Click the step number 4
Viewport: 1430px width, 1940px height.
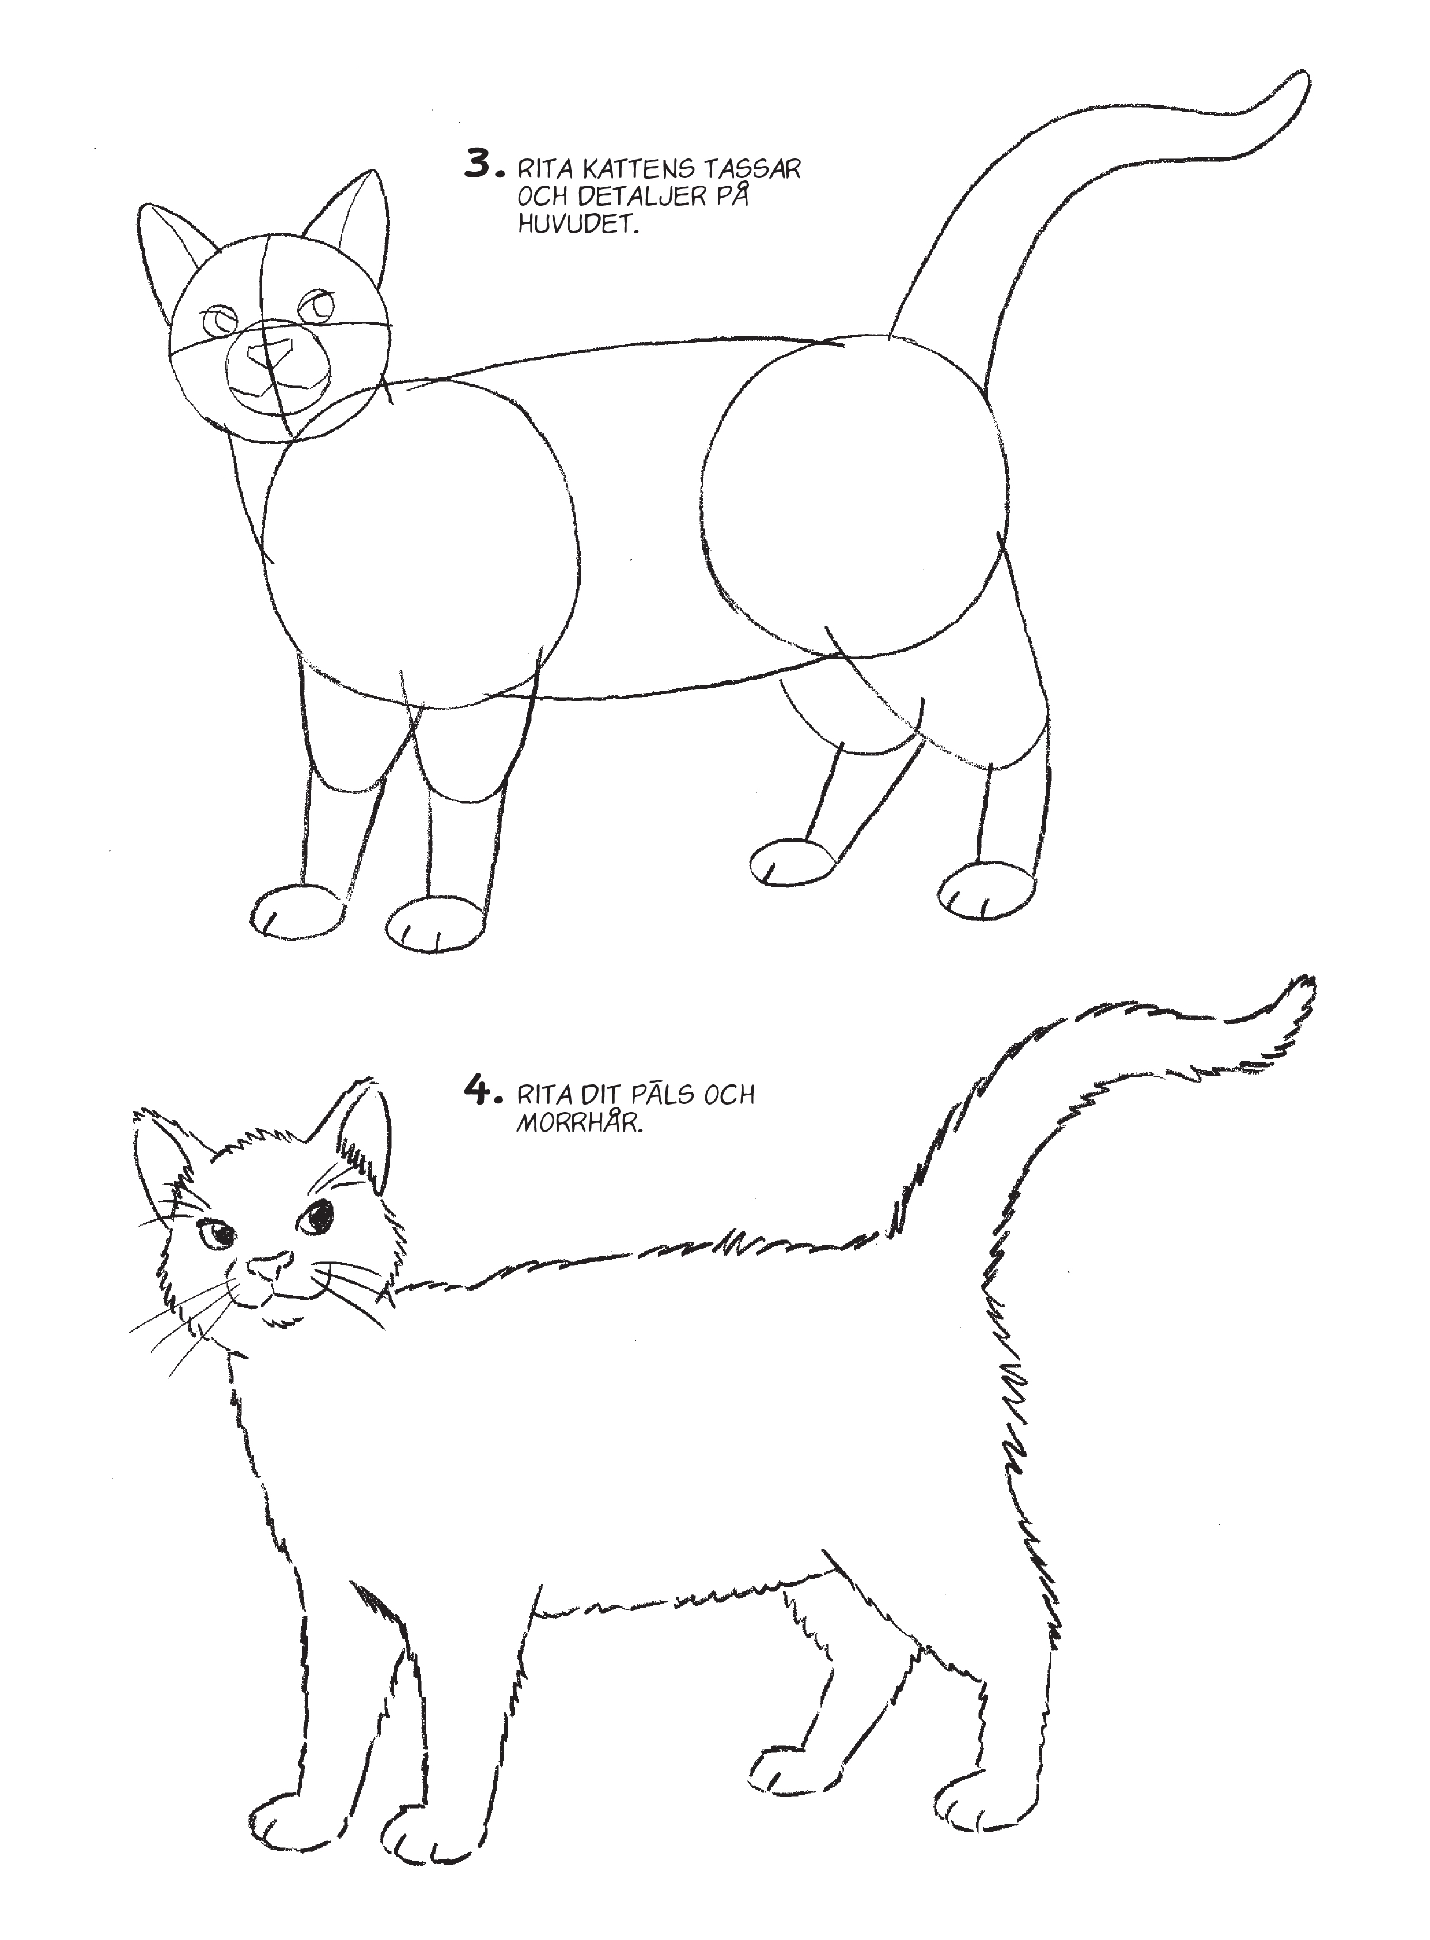479,1092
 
